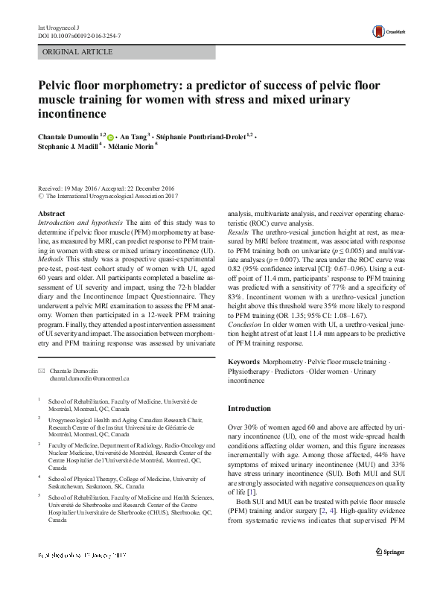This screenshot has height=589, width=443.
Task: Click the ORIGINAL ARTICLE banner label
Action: pos(78,52)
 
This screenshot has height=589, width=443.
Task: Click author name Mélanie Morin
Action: pos(134,148)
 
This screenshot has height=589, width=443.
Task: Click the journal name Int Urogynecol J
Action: pos(57,27)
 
